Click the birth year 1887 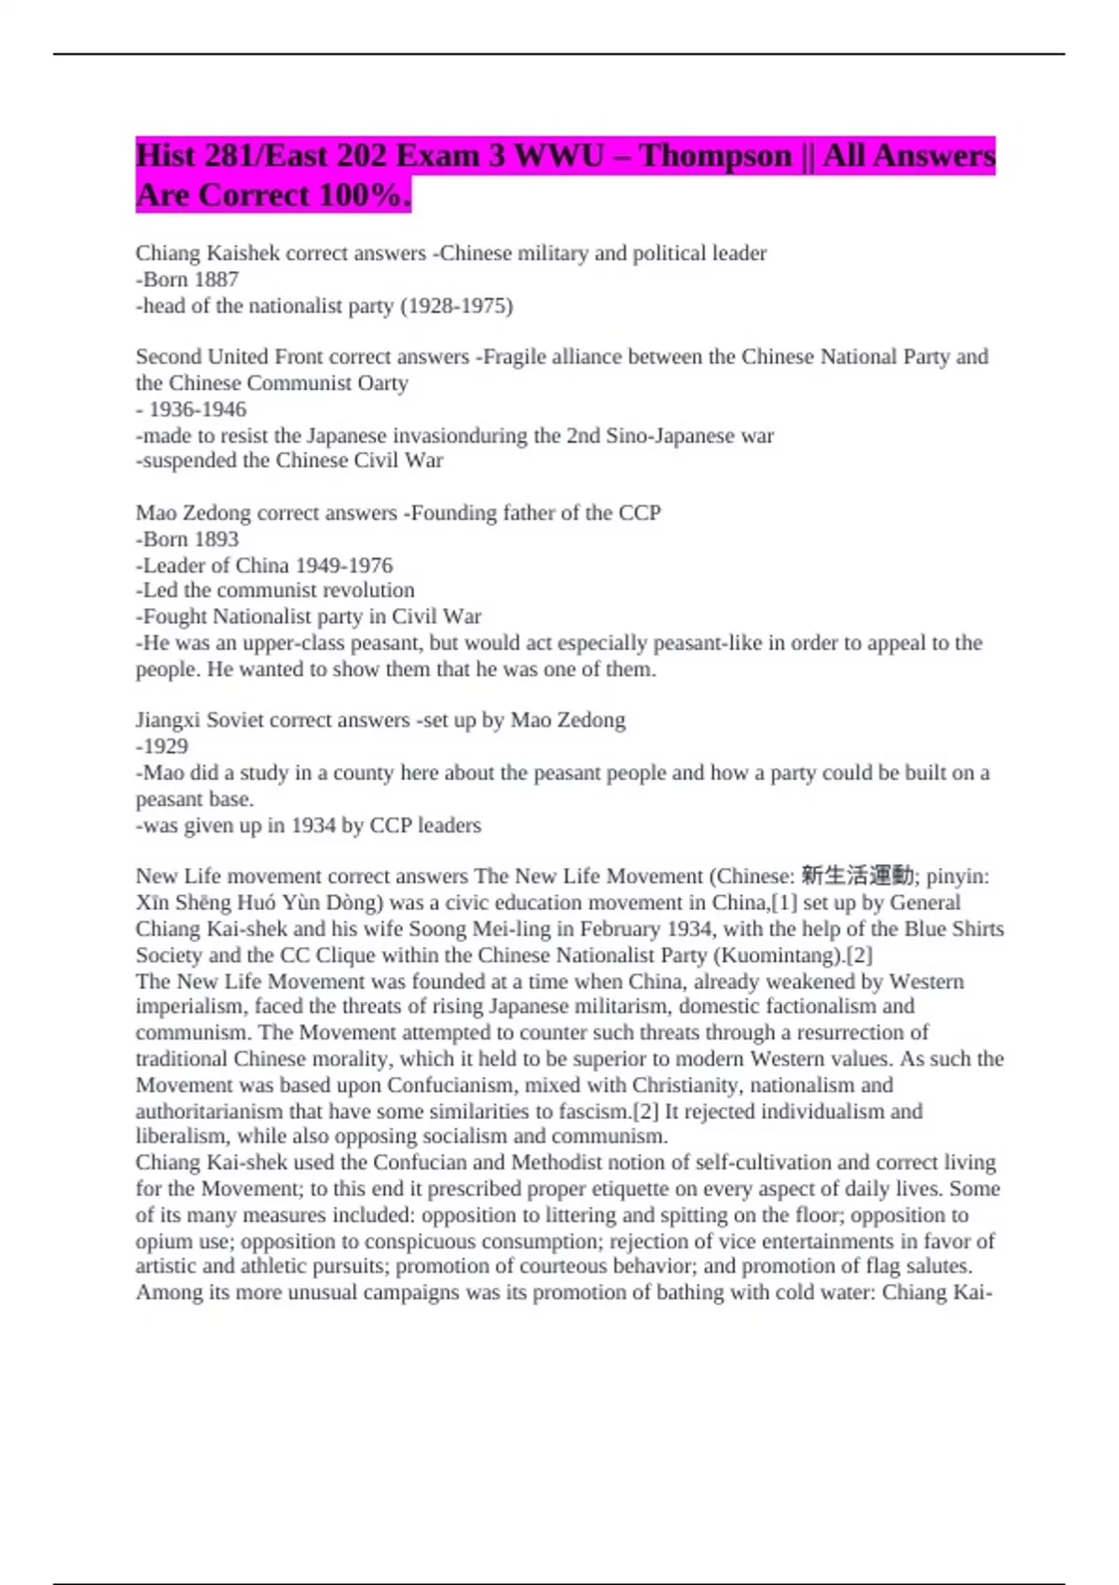tap(215, 279)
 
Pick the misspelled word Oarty tap(382, 383)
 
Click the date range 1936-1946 tap(198, 409)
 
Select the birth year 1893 tap(215, 539)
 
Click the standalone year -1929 tap(162, 746)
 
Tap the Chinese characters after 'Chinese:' tap(857, 875)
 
